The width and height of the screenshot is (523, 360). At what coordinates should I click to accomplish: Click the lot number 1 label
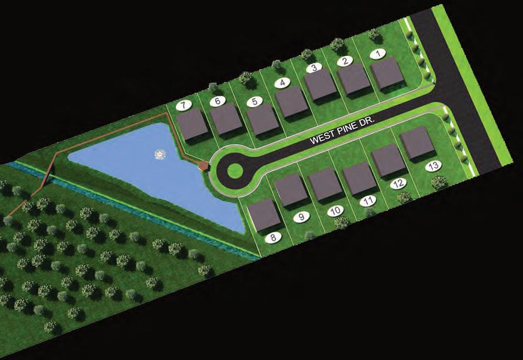pos(378,54)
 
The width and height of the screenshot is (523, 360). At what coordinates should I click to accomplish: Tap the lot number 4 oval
pos(282,83)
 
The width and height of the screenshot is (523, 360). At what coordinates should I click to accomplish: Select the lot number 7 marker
pos(183,106)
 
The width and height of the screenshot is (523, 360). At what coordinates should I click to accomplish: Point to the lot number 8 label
pos(273,238)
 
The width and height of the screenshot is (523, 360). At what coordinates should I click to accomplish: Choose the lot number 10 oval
pos(335,211)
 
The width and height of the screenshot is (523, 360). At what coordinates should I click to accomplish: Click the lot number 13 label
pos(433,166)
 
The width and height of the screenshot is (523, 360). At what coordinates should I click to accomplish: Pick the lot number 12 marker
pos(399,183)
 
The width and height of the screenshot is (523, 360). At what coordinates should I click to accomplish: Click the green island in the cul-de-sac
pos(235,170)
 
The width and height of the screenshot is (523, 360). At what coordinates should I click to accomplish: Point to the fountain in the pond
pos(160,154)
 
